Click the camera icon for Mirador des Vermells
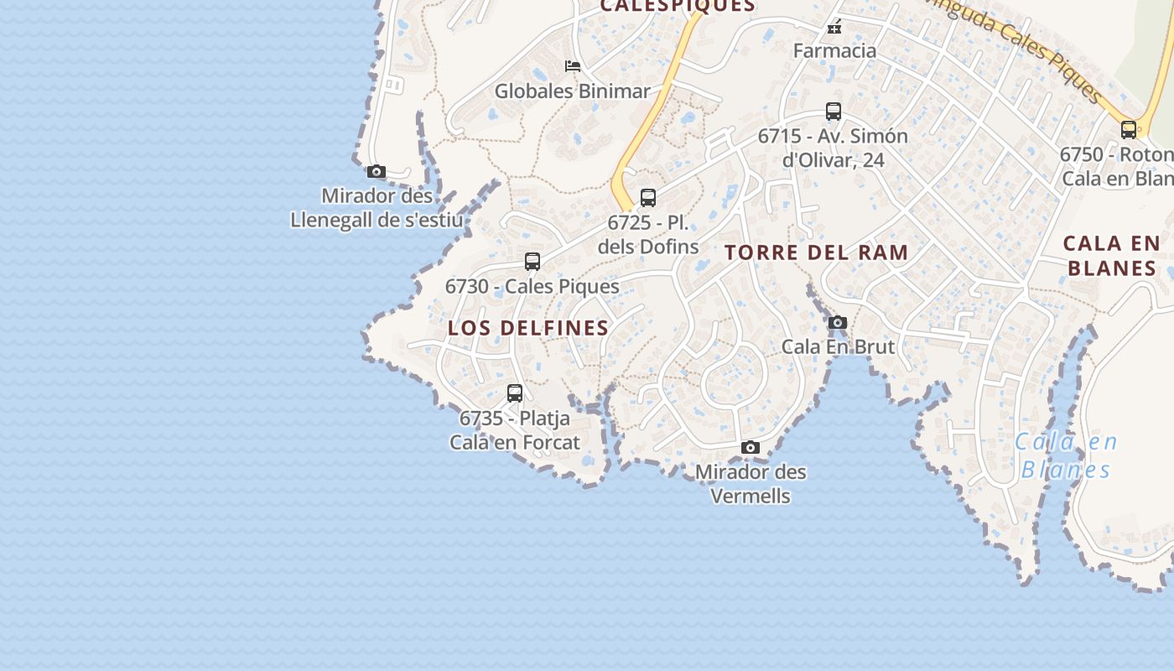click(751, 448)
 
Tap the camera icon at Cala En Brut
click(837, 323)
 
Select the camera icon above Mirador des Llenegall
click(377, 172)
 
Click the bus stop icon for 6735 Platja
click(515, 393)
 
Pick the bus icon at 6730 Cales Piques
click(532, 261)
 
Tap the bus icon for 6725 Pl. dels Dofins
click(648, 198)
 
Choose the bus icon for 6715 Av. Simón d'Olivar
click(833, 111)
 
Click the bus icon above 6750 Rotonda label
click(1129, 130)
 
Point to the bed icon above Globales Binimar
click(573, 66)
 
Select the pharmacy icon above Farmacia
click(834, 28)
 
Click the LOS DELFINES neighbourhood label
click(528, 328)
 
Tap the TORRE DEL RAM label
click(817, 252)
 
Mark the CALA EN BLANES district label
click(1111, 256)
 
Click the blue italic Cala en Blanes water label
click(1066, 455)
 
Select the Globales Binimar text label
click(572, 91)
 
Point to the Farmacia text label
click(834, 50)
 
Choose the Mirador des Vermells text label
click(751, 484)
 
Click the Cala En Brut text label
click(838, 346)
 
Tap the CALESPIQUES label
click(678, 6)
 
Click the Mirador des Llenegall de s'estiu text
click(377, 208)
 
